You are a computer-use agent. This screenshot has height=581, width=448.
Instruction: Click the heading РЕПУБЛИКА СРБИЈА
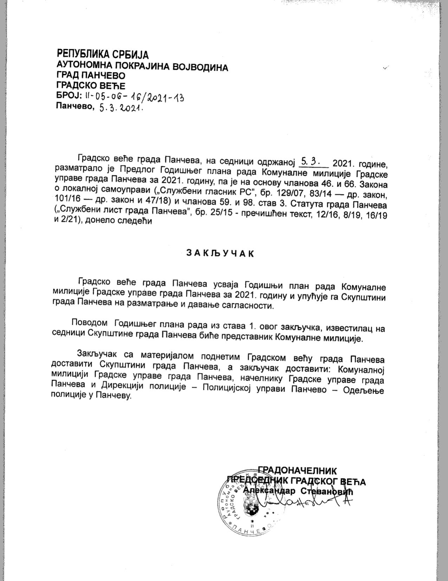coord(103,55)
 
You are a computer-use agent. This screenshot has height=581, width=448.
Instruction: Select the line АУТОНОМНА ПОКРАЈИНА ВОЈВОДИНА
coord(142,66)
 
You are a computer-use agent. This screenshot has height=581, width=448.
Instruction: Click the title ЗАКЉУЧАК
coord(220,254)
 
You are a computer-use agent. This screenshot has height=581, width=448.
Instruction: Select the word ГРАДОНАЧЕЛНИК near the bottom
coord(297,471)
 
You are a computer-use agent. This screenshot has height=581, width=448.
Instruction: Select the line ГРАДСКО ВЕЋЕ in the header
coord(91,86)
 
